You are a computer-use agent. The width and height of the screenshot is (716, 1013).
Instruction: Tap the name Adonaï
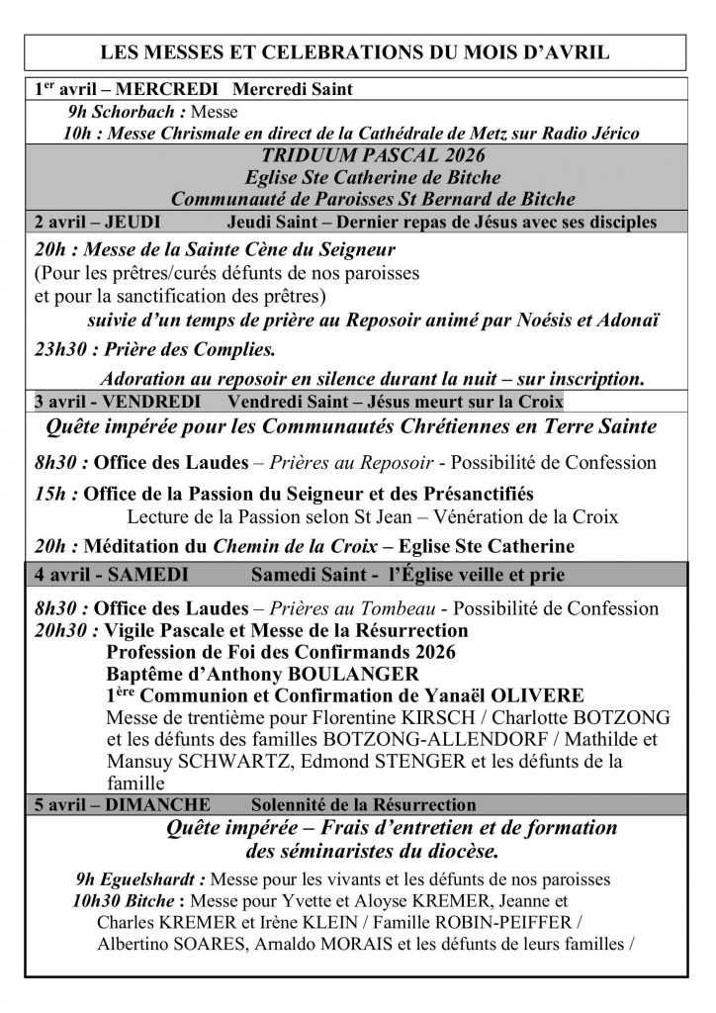point(631,319)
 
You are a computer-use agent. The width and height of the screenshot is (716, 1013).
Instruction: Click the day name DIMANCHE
point(140,804)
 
